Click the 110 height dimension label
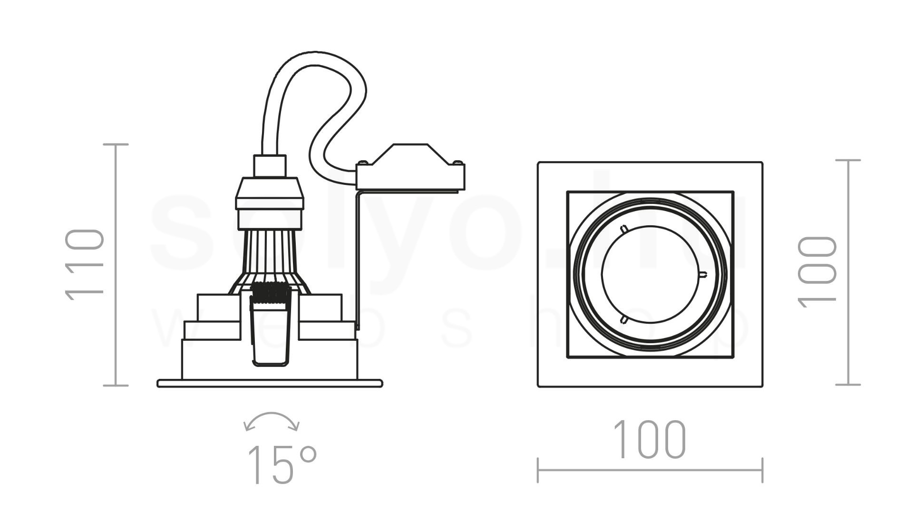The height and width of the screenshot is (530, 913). tap(85, 265)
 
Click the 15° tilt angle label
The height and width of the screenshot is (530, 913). tap(282, 464)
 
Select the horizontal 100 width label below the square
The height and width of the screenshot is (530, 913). tap(650, 440)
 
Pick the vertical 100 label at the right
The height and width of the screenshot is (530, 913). tap(817, 271)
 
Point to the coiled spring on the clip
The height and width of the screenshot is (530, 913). tap(268, 293)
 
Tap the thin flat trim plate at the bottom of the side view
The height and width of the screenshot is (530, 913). tap(270, 383)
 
